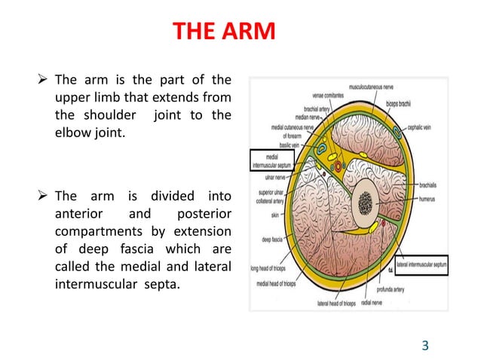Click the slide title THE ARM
(x=224, y=32)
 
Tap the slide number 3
(x=425, y=346)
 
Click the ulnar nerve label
(x=273, y=177)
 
